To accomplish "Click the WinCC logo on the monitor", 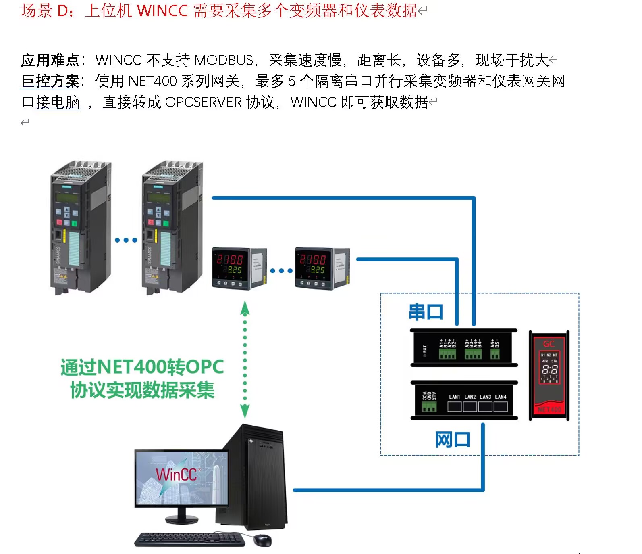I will pyautogui.click(x=176, y=475).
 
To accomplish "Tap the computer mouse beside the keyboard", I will pyautogui.click(x=262, y=540).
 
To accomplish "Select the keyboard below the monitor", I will pyautogui.click(x=189, y=539).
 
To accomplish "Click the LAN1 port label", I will pyautogui.click(x=454, y=397).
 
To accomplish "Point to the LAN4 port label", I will pyautogui.click(x=501, y=397).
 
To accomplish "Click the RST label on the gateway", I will pyautogui.click(x=424, y=349).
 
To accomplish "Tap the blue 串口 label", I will pyautogui.click(x=426, y=312).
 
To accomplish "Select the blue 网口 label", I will pyautogui.click(x=453, y=439).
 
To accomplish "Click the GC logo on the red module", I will pyautogui.click(x=549, y=344).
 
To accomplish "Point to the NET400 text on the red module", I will pyautogui.click(x=549, y=409).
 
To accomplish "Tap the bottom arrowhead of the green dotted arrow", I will pyautogui.click(x=245, y=412).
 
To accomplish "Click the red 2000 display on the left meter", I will pyautogui.click(x=230, y=259).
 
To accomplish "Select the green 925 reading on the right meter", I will pyautogui.click(x=318, y=270).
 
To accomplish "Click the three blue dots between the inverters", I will pyautogui.click(x=126, y=240).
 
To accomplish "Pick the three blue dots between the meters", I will pyautogui.click(x=281, y=271).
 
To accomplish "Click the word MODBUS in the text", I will pyautogui.click(x=224, y=60).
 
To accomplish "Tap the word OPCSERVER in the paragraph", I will pyautogui.click(x=204, y=102).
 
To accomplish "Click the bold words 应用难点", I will pyautogui.click(x=50, y=60).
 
